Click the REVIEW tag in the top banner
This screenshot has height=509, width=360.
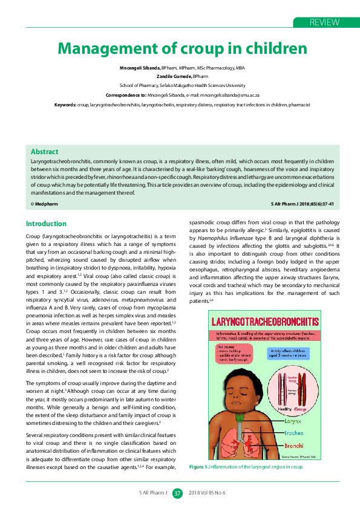point(324,22)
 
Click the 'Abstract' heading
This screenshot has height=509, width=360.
point(44,152)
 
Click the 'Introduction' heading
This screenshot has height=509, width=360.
point(46,224)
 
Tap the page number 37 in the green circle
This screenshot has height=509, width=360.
point(177,493)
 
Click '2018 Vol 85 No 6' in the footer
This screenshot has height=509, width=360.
point(207,493)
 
